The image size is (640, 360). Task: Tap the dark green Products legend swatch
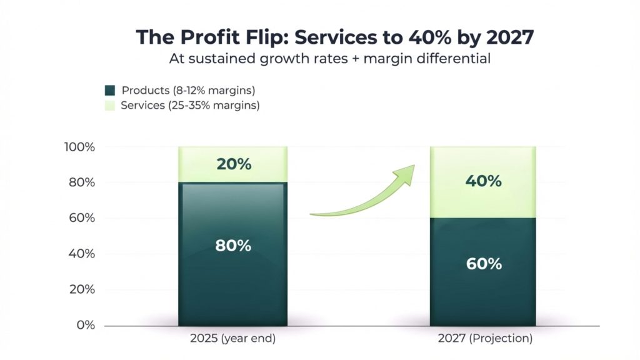tap(109, 91)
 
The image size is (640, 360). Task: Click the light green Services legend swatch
tap(109, 106)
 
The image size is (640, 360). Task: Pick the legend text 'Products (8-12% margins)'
tap(188, 91)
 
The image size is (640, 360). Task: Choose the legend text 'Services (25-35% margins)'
tap(190, 106)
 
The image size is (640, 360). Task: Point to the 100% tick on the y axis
tap(79, 147)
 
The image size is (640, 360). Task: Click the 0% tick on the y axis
tap(85, 326)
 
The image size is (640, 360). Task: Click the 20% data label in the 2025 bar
tap(233, 164)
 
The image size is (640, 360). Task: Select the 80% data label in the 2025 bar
tap(233, 246)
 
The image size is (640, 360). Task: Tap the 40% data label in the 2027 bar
tap(483, 181)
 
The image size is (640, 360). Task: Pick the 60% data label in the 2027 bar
tap(483, 264)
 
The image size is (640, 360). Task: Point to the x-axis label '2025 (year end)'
tap(232, 339)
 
